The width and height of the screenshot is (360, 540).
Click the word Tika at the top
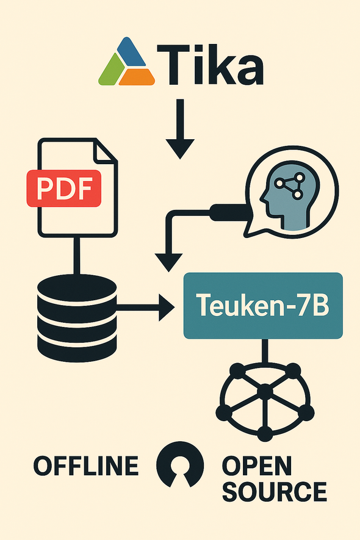pos(211,65)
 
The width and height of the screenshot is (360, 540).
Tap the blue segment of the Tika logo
pos(131,52)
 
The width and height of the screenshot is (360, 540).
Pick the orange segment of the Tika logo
pos(137,77)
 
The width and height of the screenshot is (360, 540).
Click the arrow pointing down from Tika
pos(180,129)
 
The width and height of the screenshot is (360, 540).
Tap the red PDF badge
pos(64,189)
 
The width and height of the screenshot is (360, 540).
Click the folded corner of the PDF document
pos(104,151)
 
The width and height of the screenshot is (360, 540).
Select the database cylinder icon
pos(77,318)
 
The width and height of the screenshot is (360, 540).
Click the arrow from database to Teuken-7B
pos(145,305)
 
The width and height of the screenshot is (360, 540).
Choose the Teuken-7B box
pos(263,306)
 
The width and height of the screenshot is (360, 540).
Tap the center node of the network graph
pos(265,392)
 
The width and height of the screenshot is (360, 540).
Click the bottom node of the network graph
pos(265,433)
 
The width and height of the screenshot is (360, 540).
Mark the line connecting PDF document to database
pos(77,256)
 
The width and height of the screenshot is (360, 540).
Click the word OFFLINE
pos(86,466)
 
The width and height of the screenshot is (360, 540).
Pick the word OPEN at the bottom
pos(257,466)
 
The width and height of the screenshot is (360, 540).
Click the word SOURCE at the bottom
pos(275,491)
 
